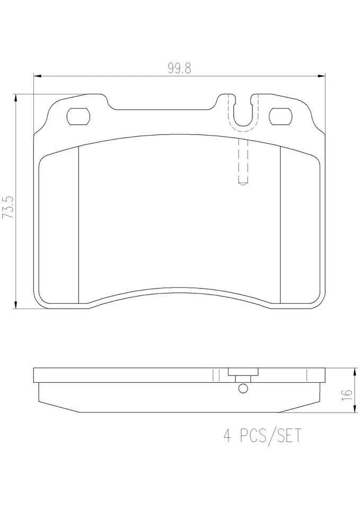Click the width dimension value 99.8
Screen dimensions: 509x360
[179, 69]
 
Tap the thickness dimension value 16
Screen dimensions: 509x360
[347, 393]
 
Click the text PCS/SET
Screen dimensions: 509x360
[271, 436]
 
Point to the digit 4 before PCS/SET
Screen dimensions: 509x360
[228, 436]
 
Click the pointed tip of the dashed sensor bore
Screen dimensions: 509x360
[242, 183]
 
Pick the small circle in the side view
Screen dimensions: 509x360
[243, 389]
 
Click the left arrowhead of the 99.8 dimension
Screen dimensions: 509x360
[37, 77]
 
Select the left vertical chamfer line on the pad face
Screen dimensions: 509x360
[78, 225]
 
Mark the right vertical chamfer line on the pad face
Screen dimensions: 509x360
[279, 225]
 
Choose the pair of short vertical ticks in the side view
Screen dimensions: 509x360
[215, 375]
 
